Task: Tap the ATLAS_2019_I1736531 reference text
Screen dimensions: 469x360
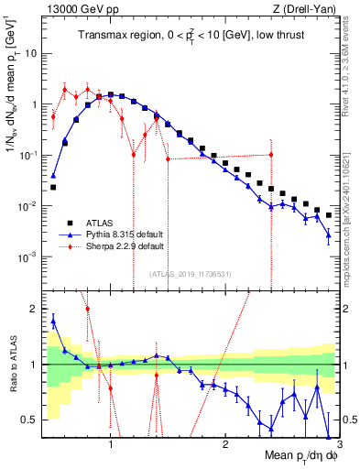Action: click(191, 273)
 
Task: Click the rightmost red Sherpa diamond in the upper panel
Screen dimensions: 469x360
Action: click(271, 155)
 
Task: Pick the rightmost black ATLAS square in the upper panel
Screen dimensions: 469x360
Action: click(328, 213)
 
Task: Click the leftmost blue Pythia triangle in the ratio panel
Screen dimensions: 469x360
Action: click(53, 320)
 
